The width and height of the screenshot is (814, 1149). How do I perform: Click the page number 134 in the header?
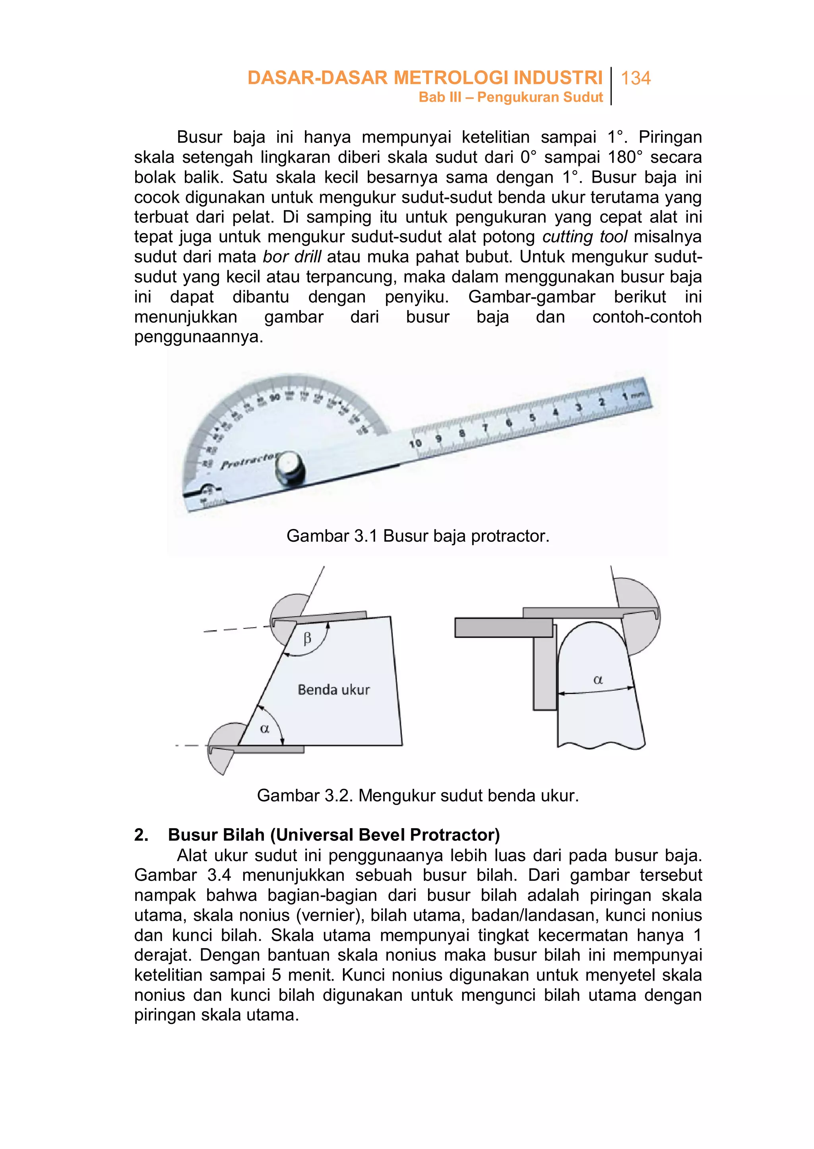[x=635, y=78]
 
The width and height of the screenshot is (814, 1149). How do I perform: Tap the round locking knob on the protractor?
[x=289, y=468]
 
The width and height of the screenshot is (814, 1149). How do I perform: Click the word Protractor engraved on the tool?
[x=248, y=461]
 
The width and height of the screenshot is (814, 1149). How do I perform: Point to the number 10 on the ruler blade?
[x=415, y=444]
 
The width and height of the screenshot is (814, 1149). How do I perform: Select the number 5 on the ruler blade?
[x=532, y=417]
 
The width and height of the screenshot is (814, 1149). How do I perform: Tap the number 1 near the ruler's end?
[x=624, y=397]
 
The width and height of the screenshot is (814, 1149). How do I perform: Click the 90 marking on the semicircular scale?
[x=275, y=398]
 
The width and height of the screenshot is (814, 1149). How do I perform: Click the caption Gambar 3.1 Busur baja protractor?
[x=417, y=536]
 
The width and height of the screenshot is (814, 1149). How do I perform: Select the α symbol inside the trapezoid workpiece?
[x=265, y=729]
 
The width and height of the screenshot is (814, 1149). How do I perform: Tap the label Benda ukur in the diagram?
[x=333, y=690]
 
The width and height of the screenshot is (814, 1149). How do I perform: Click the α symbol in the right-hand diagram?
[x=597, y=680]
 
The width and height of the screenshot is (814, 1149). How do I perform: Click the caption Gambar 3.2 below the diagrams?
[x=417, y=796]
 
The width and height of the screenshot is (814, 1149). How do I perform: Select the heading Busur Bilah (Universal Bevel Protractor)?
[x=333, y=835]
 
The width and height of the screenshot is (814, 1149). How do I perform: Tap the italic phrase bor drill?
[x=292, y=257]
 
